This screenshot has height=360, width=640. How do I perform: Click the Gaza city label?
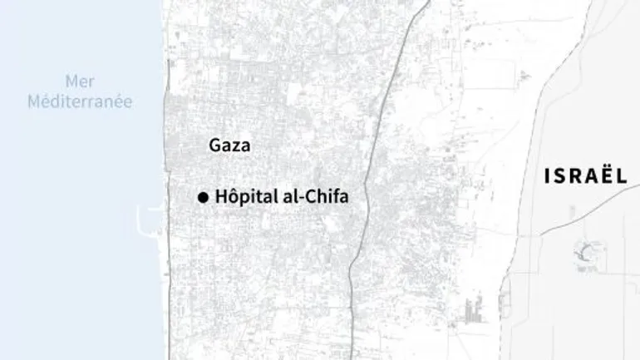229,145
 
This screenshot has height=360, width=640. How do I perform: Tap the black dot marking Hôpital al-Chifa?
202,198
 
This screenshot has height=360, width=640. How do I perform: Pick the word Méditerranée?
80,101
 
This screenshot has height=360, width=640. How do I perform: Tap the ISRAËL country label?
584,175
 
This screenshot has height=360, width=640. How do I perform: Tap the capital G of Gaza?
215,145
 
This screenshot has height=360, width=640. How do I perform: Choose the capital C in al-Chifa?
304,197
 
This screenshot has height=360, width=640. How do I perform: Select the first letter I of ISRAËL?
548,175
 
